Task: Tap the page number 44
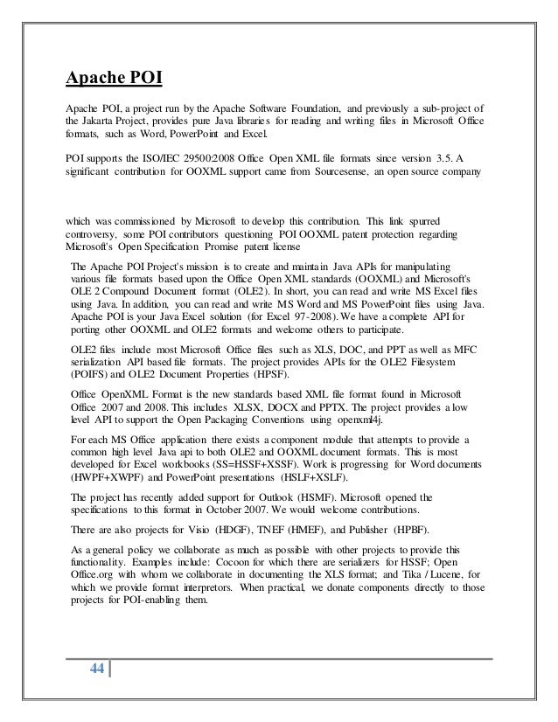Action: [95, 670]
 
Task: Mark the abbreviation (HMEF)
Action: [302, 531]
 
